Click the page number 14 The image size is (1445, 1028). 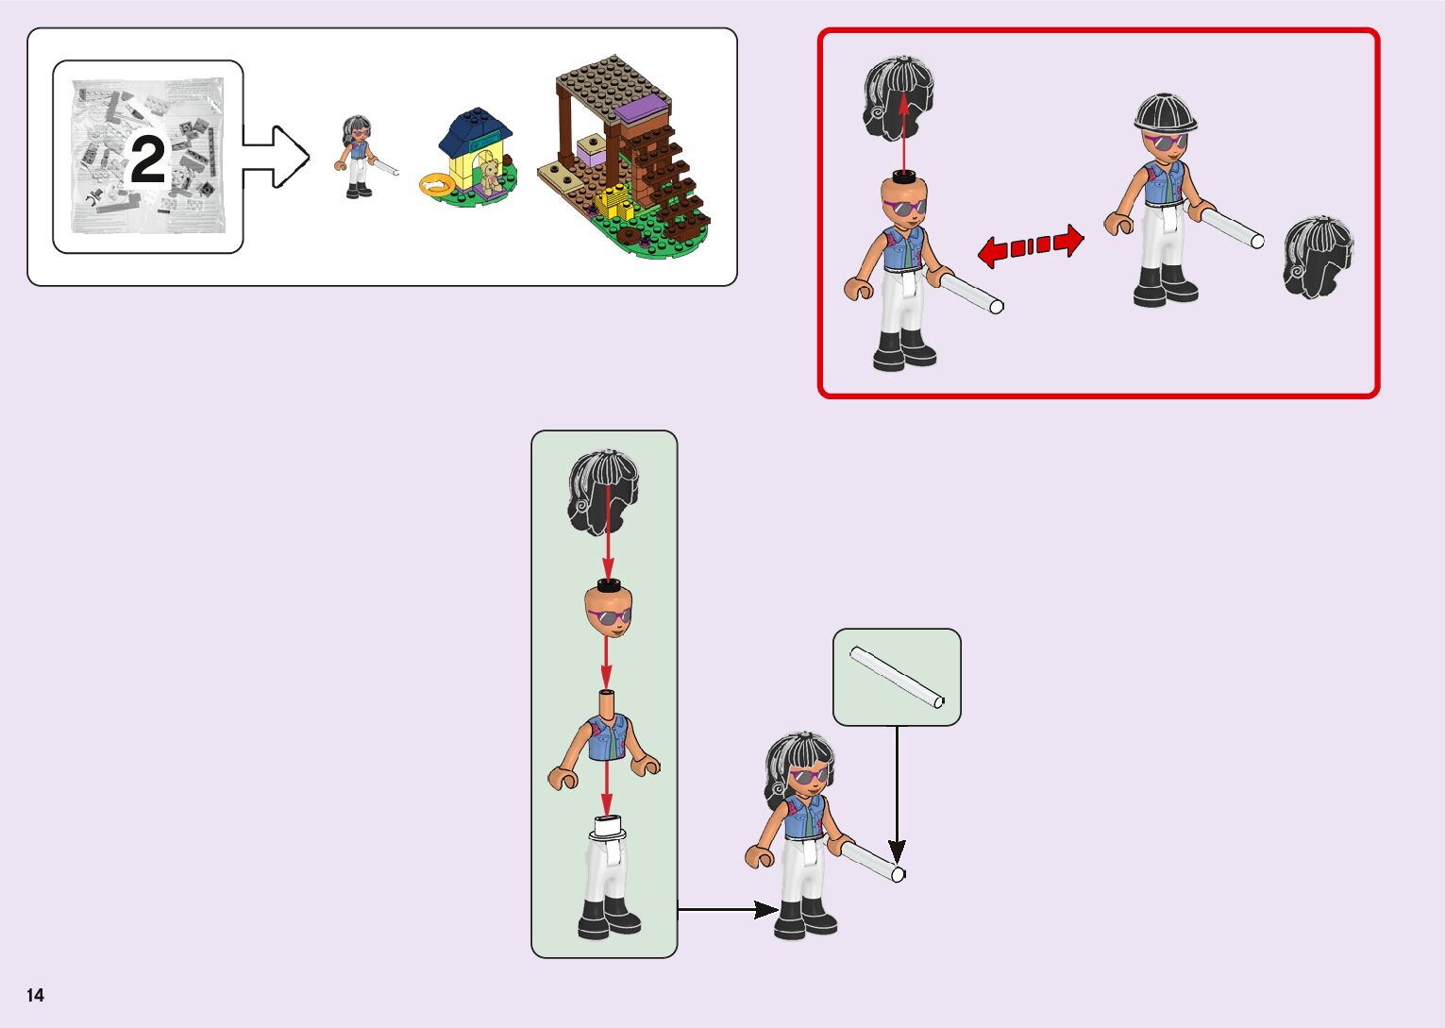35,995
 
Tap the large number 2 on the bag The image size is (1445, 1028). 147,160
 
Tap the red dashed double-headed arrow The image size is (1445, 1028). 1030,246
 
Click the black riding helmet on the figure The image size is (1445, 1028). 1165,114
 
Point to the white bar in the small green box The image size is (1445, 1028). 897,676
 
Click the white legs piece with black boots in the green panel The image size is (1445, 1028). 607,878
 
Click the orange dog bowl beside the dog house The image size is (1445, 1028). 437,185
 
